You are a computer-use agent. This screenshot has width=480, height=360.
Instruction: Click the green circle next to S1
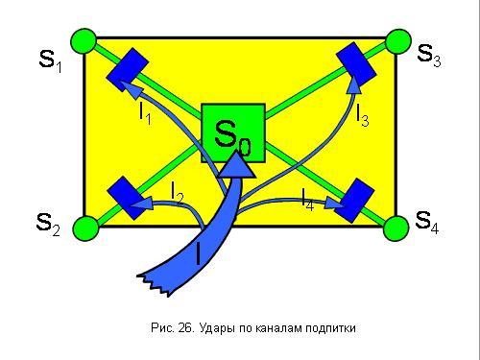[84, 41]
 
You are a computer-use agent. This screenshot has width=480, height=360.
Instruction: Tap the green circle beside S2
[85, 228]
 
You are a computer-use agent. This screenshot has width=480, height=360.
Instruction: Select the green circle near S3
[397, 42]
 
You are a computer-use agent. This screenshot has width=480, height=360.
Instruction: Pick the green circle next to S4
[396, 228]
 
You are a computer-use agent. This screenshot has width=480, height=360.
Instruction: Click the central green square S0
[233, 132]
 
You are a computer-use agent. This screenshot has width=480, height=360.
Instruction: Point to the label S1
[50, 60]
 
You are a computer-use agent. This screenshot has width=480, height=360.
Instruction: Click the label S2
[48, 225]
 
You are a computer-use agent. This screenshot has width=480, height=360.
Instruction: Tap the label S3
[429, 56]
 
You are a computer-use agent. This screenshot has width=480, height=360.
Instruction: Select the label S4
[427, 222]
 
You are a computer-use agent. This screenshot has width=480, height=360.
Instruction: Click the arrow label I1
[145, 113]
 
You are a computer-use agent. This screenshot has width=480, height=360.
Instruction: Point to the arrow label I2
[177, 193]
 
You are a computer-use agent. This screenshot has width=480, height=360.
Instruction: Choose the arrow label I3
[363, 116]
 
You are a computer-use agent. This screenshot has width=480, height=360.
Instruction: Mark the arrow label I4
[308, 200]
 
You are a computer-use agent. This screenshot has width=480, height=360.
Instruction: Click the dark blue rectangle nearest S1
[128, 70]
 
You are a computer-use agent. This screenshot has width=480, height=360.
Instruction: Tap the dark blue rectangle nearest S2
[128, 198]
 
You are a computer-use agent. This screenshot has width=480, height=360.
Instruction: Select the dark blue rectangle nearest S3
[356, 64]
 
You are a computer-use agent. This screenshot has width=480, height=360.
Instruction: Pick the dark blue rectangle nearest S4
[354, 201]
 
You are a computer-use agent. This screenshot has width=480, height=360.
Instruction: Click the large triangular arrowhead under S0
[237, 165]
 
